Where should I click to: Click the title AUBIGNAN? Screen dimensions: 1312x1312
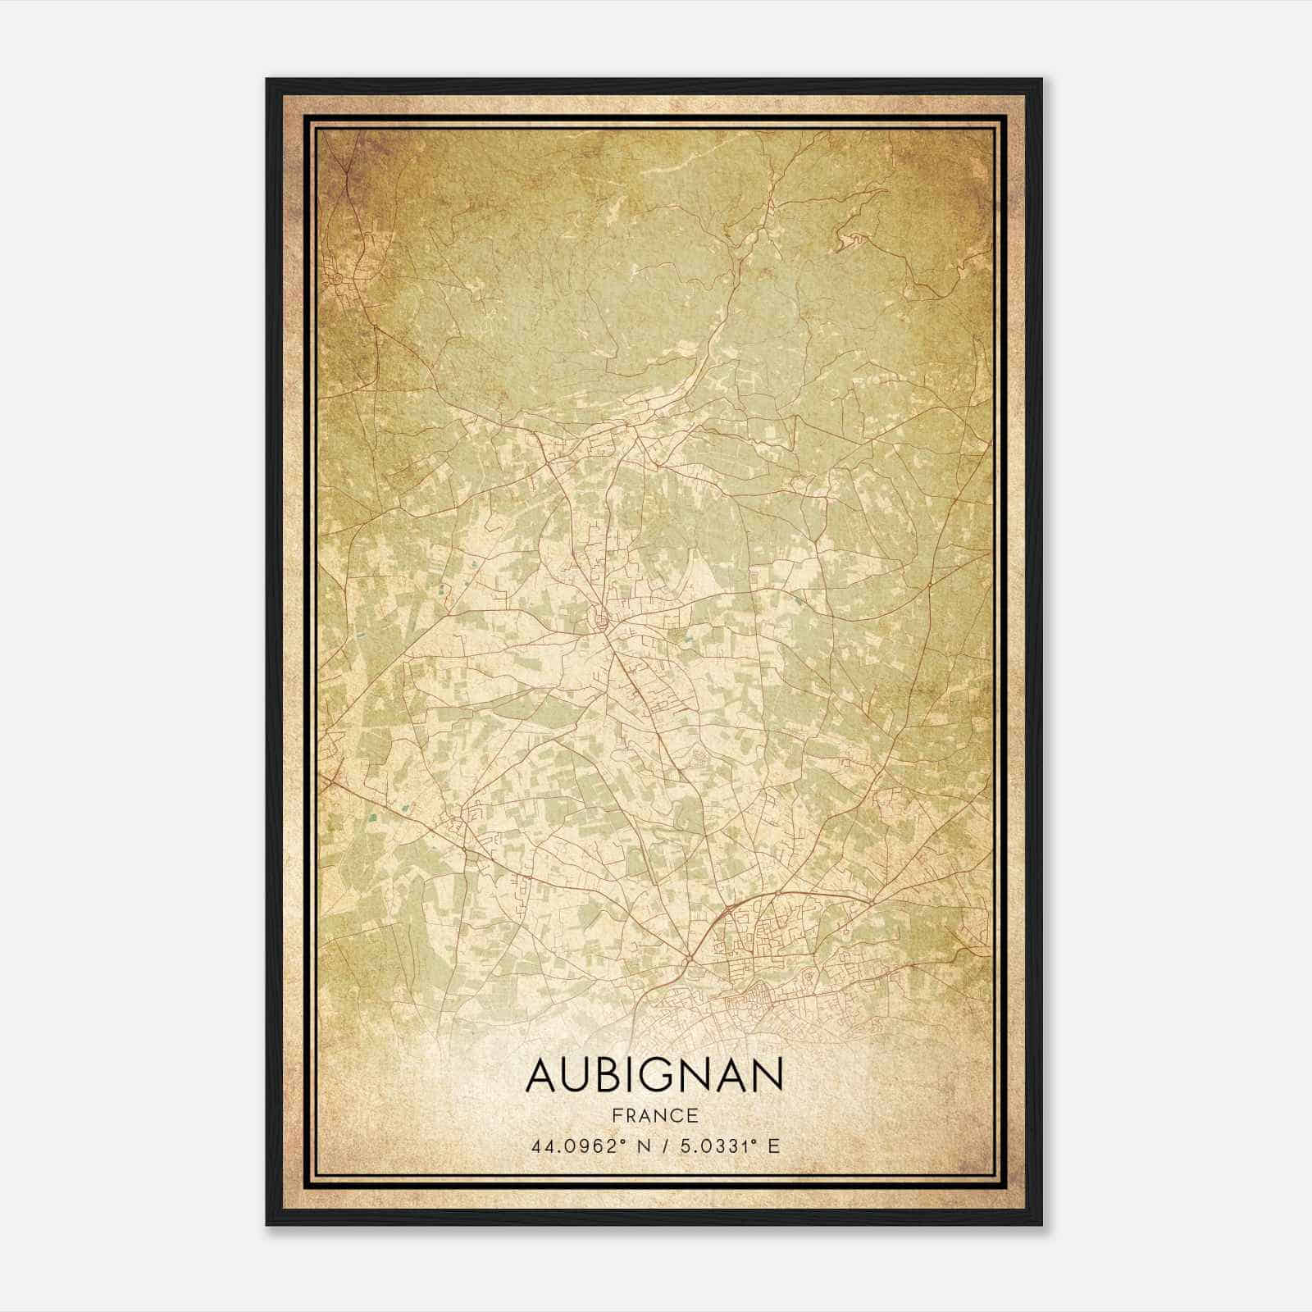coord(655,1075)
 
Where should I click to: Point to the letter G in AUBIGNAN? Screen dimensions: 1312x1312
coord(667,1075)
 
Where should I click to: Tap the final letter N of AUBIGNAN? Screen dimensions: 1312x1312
coord(768,1075)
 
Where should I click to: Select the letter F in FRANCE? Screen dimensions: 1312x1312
coord(617,1115)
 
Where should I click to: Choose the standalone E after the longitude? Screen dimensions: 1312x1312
coord(773,1146)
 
